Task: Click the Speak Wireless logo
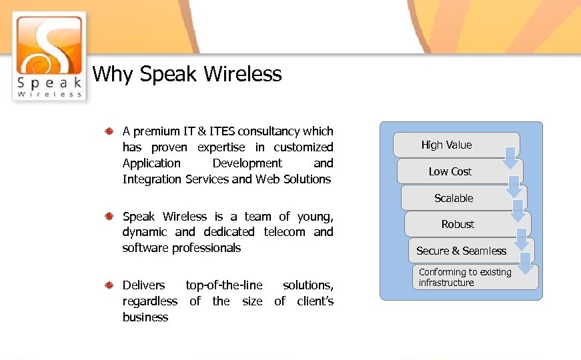click(x=49, y=56)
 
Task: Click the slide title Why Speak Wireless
click(x=187, y=74)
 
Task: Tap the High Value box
click(x=446, y=145)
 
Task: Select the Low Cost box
click(x=450, y=171)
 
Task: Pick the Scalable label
click(x=454, y=198)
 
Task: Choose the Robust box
click(x=458, y=224)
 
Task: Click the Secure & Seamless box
click(x=461, y=251)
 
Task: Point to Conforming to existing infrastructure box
click(x=467, y=277)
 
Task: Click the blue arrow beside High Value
click(x=510, y=157)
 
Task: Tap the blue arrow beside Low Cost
click(x=514, y=184)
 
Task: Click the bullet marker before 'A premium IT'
click(x=109, y=131)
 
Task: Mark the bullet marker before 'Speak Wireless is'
click(x=109, y=217)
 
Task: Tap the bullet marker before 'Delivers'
click(x=109, y=286)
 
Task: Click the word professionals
click(x=206, y=248)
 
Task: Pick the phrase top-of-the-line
click(x=224, y=285)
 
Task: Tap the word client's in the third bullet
click(x=315, y=301)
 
